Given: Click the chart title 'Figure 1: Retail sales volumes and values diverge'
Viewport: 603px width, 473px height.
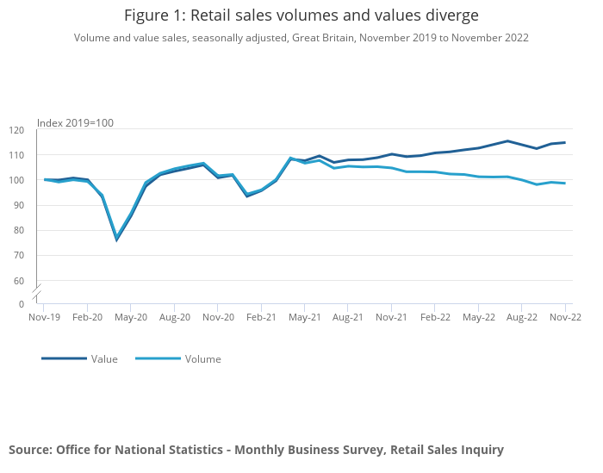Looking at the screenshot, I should pyautogui.click(x=301, y=16).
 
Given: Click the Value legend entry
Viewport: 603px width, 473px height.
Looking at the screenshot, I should pyautogui.click(x=104, y=359).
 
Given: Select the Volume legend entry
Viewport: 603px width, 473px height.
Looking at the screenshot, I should pyautogui.click(x=202, y=359).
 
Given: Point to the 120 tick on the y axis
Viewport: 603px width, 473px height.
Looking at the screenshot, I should pyautogui.click(x=17, y=130).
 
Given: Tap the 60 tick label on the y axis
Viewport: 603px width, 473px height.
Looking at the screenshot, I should pyautogui.click(x=19, y=281).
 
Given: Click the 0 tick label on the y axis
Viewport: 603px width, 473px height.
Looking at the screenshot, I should pyautogui.click(x=22, y=304).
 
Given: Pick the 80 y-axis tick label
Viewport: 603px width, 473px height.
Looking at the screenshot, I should pyautogui.click(x=19, y=231).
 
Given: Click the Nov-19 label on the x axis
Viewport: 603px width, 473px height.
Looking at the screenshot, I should pyautogui.click(x=43, y=317).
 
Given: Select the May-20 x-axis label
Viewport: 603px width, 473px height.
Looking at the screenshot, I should pyautogui.click(x=130, y=317).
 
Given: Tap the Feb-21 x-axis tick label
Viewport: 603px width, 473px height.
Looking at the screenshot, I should pyautogui.click(x=261, y=317).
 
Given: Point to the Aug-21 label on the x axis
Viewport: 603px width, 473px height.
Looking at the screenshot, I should pyautogui.click(x=347, y=317).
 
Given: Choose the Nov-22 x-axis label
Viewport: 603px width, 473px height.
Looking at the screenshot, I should pyautogui.click(x=565, y=317).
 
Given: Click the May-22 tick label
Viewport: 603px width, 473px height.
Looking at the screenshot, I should pyautogui.click(x=478, y=317).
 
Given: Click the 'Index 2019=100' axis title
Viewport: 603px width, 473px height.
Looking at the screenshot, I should pyautogui.click(x=75, y=123).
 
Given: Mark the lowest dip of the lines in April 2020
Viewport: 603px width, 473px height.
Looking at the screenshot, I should pyautogui.click(x=116, y=239).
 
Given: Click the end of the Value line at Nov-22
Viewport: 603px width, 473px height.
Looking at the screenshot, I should pyautogui.click(x=565, y=143).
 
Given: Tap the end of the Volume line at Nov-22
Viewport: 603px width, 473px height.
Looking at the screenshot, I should pyautogui.click(x=565, y=183).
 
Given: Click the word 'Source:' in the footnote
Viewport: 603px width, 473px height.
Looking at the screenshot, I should pyautogui.click(x=30, y=450).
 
